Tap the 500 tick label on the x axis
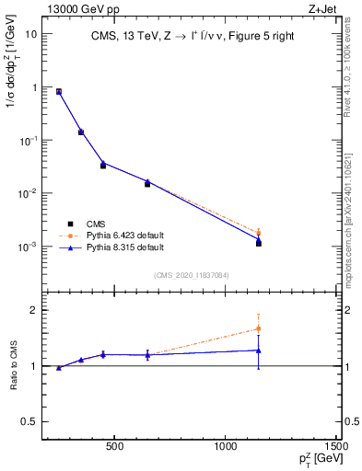pyautogui.click(x=114, y=448)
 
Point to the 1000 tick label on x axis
pyautogui.click(x=226, y=448)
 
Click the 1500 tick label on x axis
pyautogui.click(x=337, y=448)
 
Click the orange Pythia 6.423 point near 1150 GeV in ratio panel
pyautogui.click(x=259, y=328)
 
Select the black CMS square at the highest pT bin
pyautogui.click(x=259, y=244)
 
